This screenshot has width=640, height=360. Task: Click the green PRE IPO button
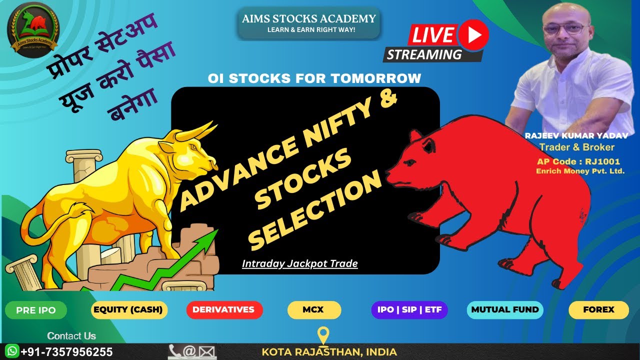(x=36, y=310)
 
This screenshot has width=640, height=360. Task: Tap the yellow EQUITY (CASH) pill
(x=129, y=309)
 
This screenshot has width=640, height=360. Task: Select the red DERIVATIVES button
(x=224, y=309)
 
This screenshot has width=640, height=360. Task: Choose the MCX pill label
(x=313, y=309)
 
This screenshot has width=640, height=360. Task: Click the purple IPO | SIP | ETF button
(x=409, y=309)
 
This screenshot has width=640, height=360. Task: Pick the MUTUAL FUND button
(x=505, y=309)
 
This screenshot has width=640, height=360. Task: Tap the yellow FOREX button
(x=598, y=309)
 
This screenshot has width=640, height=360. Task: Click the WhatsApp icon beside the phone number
(x=11, y=351)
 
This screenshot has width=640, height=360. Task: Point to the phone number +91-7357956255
(x=66, y=351)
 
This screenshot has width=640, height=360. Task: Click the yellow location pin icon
(x=323, y=335)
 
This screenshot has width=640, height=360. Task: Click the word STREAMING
(x=424, y=54)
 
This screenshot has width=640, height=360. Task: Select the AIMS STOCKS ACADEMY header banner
(x=308, y=23)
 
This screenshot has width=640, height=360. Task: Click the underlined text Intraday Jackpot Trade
(x=299, y=263)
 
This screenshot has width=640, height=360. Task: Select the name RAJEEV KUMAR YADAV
(x=575, y=135)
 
